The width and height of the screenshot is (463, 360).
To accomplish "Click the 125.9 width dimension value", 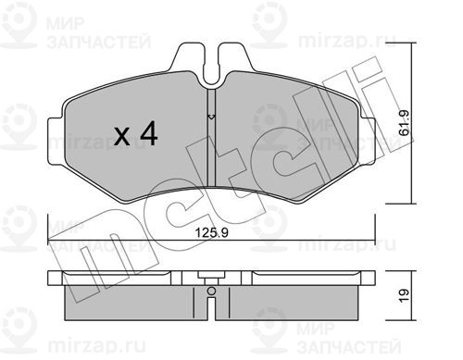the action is (x=212, y=232).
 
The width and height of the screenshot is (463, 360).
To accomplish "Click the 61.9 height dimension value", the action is (x=404, y=123).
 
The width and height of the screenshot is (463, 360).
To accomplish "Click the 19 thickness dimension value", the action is (x=404, y=296).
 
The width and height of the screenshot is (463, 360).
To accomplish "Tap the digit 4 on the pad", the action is (x=148, y=133).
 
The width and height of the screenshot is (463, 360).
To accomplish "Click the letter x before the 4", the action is (x=122, y=137).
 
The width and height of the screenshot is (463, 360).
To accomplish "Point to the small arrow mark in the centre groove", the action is (x=211, y=117).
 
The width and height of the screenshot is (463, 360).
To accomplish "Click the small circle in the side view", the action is (x=211, y=291).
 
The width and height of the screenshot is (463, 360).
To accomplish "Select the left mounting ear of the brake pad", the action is (x=56, y=141).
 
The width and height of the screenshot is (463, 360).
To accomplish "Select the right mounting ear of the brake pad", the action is (x=368, y=141).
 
